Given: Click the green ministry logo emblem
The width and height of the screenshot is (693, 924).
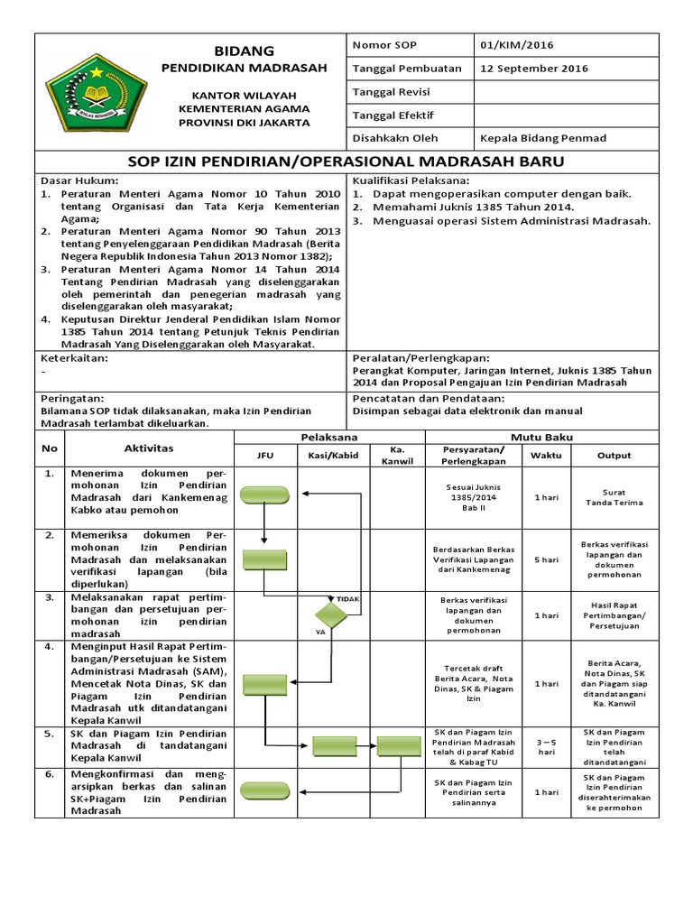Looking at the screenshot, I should [x=82, y=92].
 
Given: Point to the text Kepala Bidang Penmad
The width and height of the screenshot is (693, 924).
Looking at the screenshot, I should [x=543, y=138].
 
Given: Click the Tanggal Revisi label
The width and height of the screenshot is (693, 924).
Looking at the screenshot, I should [x=391, y=92].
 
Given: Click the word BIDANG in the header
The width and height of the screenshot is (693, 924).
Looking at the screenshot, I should [x=244, y=51].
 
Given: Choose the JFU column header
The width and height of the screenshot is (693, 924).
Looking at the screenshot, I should [x=265, y=456].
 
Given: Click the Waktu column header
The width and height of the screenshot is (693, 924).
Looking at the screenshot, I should [x=545, y=456].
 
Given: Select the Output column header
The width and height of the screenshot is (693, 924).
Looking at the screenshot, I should [x=614, y=456].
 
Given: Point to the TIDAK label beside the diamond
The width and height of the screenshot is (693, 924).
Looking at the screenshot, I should [x=348, y=598].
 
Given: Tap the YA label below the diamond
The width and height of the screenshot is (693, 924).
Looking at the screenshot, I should [x=319, y=633].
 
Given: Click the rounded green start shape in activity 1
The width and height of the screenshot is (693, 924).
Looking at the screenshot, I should [x=265, y=494].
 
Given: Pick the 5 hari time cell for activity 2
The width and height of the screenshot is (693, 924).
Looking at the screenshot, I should [x=545, y=560].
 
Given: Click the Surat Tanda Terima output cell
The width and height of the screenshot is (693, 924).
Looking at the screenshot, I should [x=614, y=498].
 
